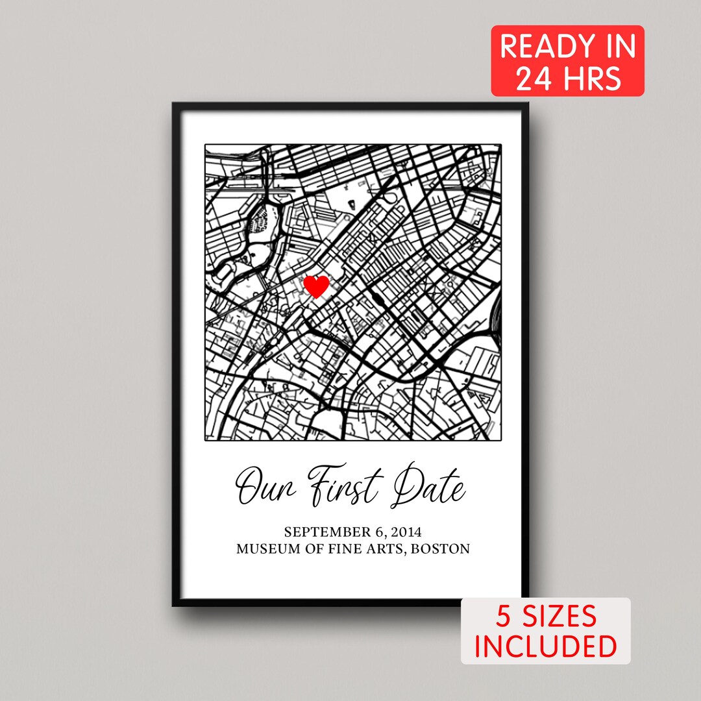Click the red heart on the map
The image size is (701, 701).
pyautogui.click(x=317, y=286)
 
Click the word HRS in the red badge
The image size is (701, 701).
pyautogui.click(x=590, y=79)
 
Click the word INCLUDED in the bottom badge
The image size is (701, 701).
pyautogui.click(x=546, y=646)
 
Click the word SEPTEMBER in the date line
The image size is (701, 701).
pyautogui.click(x=328, y=532)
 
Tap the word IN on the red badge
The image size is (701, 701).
pyautogui.click(x=613, y=48)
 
